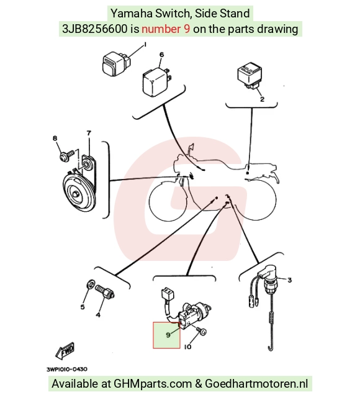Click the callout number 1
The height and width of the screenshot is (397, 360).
(145, 45)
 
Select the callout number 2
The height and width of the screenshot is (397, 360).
(263, 99)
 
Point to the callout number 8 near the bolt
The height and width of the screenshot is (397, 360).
(55, 139)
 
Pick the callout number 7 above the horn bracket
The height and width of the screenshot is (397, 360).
(89, 133)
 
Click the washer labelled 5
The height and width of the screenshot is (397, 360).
(91, 283)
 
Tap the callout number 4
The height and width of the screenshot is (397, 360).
(98, 315)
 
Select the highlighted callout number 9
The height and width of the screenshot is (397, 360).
(168, 335)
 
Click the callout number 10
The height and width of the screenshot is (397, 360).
(187, 347)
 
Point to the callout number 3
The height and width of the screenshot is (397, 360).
(290, 280)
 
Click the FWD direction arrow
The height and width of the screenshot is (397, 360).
(65, 351)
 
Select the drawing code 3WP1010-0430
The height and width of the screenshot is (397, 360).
(67, 370)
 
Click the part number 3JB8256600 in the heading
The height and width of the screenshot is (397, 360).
(95, 29)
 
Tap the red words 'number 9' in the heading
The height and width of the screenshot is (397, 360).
(166, 29)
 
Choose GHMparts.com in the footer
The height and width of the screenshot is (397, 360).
(153, 384)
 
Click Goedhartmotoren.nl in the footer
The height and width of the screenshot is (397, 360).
(256, 384)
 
